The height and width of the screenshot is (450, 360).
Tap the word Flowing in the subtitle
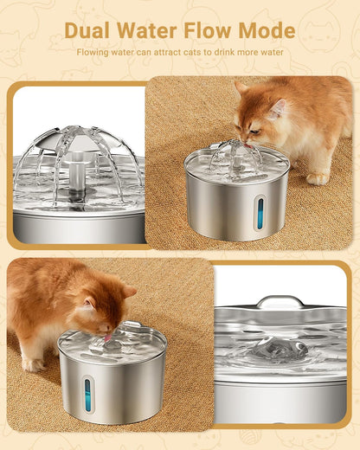coord(93,52)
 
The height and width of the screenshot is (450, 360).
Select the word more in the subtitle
coord(258,52)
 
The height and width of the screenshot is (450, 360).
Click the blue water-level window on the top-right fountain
coord(260,212)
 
